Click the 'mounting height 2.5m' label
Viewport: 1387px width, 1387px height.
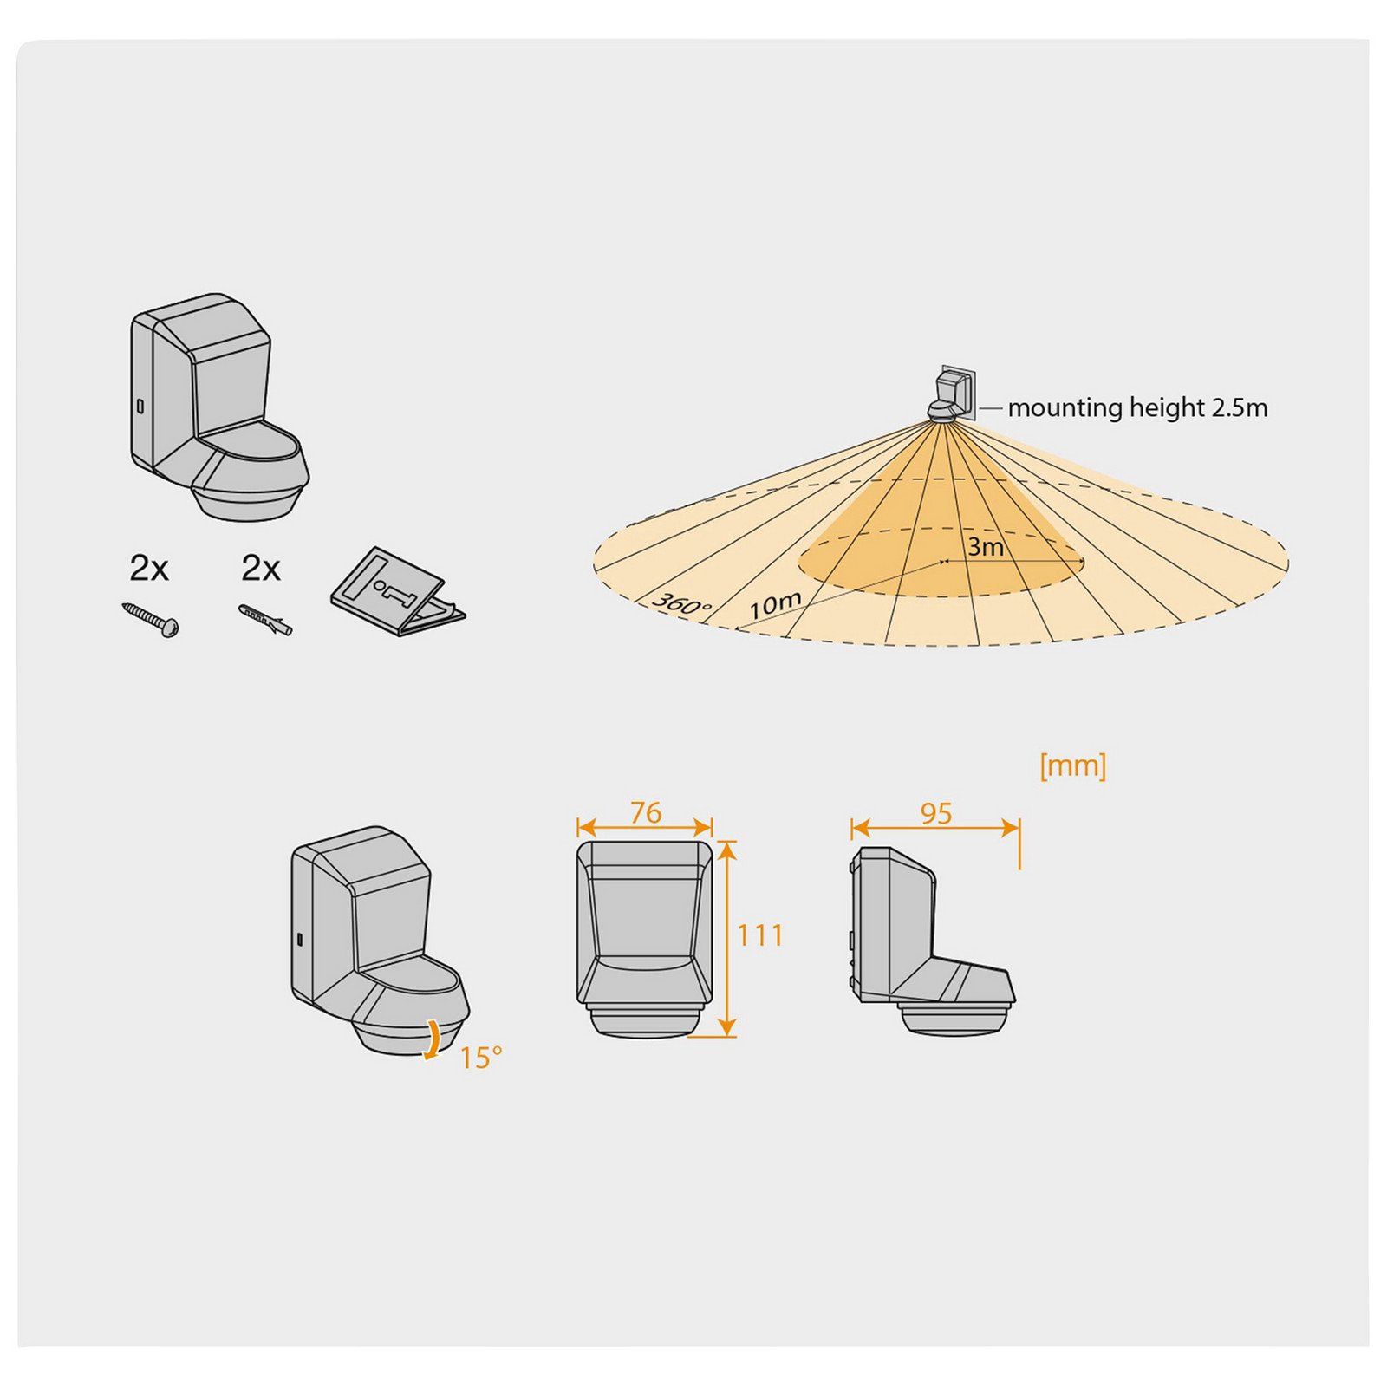click(1137, 407)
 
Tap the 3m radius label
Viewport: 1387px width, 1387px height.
click(986, 547)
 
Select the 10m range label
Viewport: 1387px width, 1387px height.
click(775, 604)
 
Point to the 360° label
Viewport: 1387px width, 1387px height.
click(681, 603)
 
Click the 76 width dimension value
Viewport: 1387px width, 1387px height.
click(646, 812)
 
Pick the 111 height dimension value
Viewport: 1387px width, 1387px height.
click(760, 935)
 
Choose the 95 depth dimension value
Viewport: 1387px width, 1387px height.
click(936, 813)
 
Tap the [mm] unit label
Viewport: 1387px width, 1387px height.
click(1072, 765)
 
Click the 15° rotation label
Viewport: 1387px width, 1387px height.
click(480, 1058)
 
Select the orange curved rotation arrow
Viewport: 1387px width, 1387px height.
click(431, 1039)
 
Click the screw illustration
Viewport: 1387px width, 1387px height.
click(151, 620)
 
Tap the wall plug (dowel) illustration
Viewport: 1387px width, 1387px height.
click(265, 620)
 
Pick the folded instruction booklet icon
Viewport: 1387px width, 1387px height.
click(397, 592)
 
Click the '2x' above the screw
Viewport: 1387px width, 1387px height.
click(149, 569)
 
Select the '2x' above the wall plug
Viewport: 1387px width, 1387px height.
click(261, 569)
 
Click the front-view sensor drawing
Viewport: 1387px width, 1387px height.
click(644, 938)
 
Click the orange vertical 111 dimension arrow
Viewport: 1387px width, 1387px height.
click(727, 939)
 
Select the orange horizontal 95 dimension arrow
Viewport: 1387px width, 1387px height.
click(935, 829)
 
